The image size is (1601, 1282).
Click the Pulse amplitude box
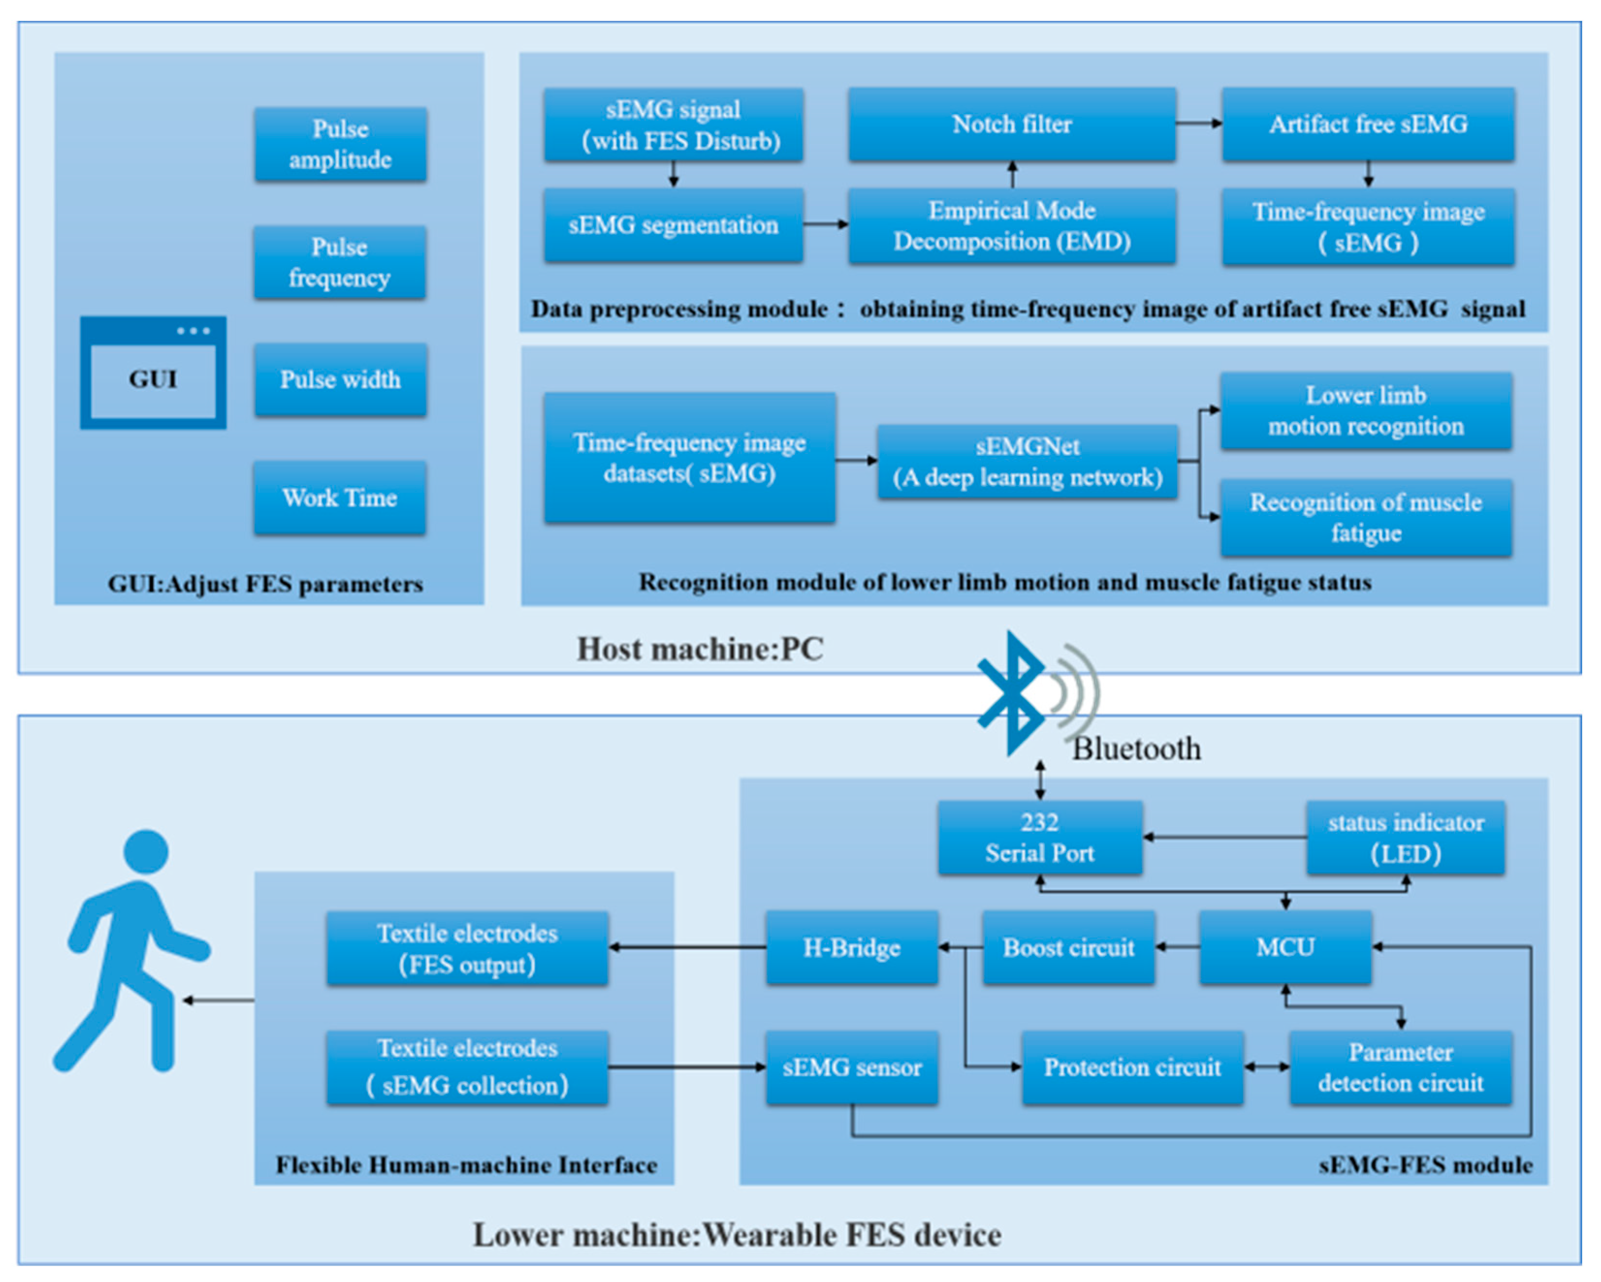pyautogui.click(x=340, y=144)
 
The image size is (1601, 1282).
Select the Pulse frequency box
pyautogui.click(x=339, y=262)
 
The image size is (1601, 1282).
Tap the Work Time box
pyautogui.click(x=339, y=498)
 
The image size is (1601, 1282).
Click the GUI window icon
pyautogui.click(x=153, y=373)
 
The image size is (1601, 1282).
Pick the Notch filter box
pyautogui.click(x=1012, y=124)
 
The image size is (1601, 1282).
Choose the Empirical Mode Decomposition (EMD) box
pyautogui.click(x=1012, y=226)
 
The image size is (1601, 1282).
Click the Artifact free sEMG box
pyautogui.click(x=1368, y=124)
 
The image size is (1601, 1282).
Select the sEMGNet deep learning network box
pyautogui.click(x=1027, y=461)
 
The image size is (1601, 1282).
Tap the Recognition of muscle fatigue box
pyautogui.click(x=1365, y=517)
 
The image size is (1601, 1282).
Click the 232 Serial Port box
pyautogui.click(x=1040, y=837)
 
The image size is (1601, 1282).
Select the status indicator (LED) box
pyautogui.click(x=1405, y=837)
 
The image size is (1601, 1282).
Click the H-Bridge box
pyautogui.click(x=852, y=947)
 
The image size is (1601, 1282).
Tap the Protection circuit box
pyautogui.click(x=1132, y=1067)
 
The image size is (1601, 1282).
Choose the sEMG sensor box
pyautogui.click(x=852, y=1067)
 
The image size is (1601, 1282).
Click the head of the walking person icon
pyautogui.click(x=146, y=851)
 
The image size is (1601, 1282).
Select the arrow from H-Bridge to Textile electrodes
pyautogui.click(x=687, y=947)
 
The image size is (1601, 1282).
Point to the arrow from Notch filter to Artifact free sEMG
pyautogui.click(x=1199, y=123)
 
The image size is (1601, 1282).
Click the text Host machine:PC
pyautogui.click(x=700, y=649)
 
